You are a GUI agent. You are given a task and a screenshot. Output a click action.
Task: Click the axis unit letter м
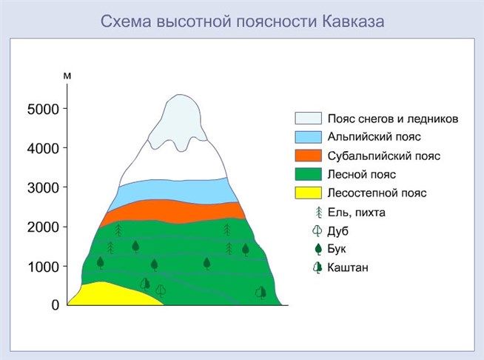[x=67, y=76]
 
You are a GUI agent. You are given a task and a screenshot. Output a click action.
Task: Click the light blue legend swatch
[x=308, y=137]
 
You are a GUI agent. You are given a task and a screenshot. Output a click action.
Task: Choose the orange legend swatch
[x=308, y=156]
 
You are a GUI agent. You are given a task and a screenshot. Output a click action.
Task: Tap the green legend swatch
[x=308, y=175]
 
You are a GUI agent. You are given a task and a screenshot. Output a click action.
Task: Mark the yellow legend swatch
[x=308, y=193]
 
